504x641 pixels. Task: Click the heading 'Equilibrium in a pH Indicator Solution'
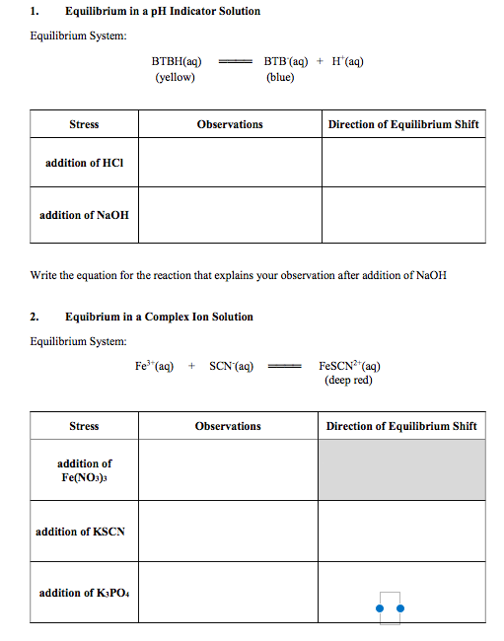point(163,11)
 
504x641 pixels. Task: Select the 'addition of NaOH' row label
point(84,215)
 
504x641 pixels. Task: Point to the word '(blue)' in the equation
point(280,76)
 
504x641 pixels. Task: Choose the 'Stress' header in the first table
point(84,124)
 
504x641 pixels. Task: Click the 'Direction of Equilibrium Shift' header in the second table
point(401,426)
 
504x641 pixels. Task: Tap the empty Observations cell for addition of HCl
point(229,162)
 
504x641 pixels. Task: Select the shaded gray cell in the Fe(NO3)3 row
point(401,469)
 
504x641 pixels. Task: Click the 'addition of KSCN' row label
point(80,532)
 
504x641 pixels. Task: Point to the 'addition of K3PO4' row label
point(83,593)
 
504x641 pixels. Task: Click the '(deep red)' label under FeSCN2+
point(348,380)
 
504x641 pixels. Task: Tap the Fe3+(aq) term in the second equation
point(154,366)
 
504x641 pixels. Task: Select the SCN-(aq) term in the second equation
point(231,366)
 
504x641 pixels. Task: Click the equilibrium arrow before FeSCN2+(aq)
point(286,366)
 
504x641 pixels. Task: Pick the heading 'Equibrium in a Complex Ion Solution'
point(159,317)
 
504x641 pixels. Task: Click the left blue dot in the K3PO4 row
point(380,608)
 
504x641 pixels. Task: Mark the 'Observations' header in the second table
point(228,426)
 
